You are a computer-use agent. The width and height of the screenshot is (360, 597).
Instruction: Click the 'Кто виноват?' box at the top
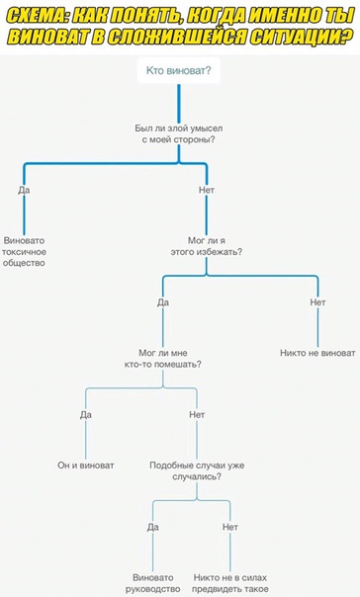pos(179,70)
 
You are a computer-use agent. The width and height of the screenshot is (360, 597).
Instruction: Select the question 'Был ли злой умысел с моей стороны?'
pos(179,134)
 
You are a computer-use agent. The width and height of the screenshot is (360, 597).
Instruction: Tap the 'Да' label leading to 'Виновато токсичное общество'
pos(24,190)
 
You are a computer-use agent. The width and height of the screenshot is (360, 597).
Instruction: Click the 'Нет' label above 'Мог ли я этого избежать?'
pos(207,190)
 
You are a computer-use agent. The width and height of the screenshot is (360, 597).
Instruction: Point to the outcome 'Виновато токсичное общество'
pos(24,252)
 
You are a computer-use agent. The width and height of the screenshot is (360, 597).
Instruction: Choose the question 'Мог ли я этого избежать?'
pos(207,246)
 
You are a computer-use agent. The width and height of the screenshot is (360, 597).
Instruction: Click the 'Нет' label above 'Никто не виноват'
pos(317,302)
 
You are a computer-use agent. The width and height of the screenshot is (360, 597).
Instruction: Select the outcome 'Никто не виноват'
pos(317,353)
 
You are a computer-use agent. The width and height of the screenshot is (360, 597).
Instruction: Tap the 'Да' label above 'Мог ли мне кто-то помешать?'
pos(163,302)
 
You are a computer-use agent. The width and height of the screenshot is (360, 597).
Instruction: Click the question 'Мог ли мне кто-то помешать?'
pos(163,359)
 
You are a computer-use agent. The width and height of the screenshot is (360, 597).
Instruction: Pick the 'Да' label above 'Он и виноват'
pos(86,414)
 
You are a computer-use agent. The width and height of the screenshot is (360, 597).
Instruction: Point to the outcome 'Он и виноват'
pos(86,466)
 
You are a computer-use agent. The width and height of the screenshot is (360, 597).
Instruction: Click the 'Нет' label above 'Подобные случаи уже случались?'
pos(197,414)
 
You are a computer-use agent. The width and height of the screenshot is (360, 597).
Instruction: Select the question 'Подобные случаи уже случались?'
pos(197,470)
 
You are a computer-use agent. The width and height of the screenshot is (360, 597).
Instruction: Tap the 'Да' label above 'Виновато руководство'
pos(152,527)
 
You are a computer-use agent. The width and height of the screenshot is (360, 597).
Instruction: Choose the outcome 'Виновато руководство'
pos(152,583)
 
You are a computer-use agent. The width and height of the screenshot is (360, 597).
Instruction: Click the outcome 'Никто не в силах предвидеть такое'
pos(230,583)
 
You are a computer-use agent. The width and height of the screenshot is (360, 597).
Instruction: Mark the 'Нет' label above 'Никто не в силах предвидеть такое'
pos(230,527)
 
